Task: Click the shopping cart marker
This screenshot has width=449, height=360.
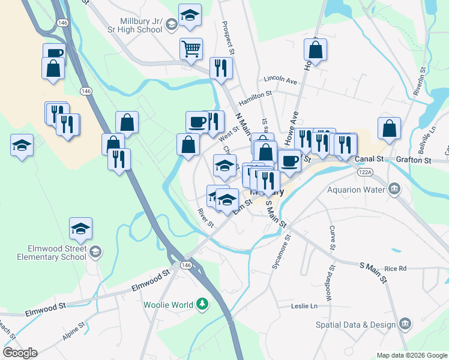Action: [x=191, y=49]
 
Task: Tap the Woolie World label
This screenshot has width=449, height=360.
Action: [x=169, y=304]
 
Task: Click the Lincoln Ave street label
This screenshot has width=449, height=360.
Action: [x=280, y=80]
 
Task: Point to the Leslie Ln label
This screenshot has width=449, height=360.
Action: [x=304, y=306]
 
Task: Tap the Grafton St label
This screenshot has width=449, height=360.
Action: [x=414, y=160]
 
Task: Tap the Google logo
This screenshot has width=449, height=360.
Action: [x=20, y=352]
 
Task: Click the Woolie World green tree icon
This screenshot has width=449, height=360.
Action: [x=203, y=304]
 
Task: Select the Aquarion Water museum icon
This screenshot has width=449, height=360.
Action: [x=394, y=190]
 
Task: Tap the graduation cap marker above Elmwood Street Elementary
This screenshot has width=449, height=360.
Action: [x=80, y=229]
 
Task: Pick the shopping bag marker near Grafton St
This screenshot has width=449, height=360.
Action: [x=389, y=128]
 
